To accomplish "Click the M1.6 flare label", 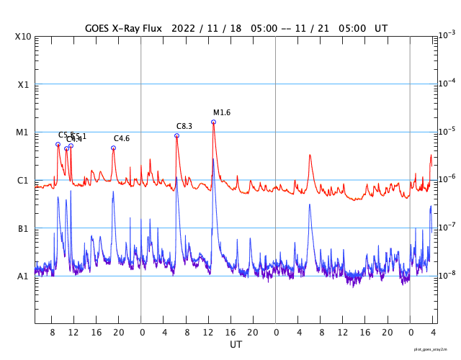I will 221,112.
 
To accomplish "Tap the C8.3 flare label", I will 184,126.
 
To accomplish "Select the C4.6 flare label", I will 121,138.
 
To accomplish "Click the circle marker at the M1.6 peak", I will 213,122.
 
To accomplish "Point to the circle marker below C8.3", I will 176,135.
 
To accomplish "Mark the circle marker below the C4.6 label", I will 113,148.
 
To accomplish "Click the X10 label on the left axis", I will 23,37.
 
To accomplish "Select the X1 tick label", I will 23,84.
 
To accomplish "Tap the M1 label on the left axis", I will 23,132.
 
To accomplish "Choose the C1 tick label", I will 23,180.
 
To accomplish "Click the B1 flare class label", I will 23,228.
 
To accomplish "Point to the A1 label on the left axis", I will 23,276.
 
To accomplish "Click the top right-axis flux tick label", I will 447,35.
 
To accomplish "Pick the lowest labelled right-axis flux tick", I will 447,275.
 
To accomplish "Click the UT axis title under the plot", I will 236,345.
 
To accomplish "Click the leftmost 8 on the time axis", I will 53,333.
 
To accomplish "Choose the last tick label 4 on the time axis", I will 433,333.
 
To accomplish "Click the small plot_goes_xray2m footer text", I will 436,348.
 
